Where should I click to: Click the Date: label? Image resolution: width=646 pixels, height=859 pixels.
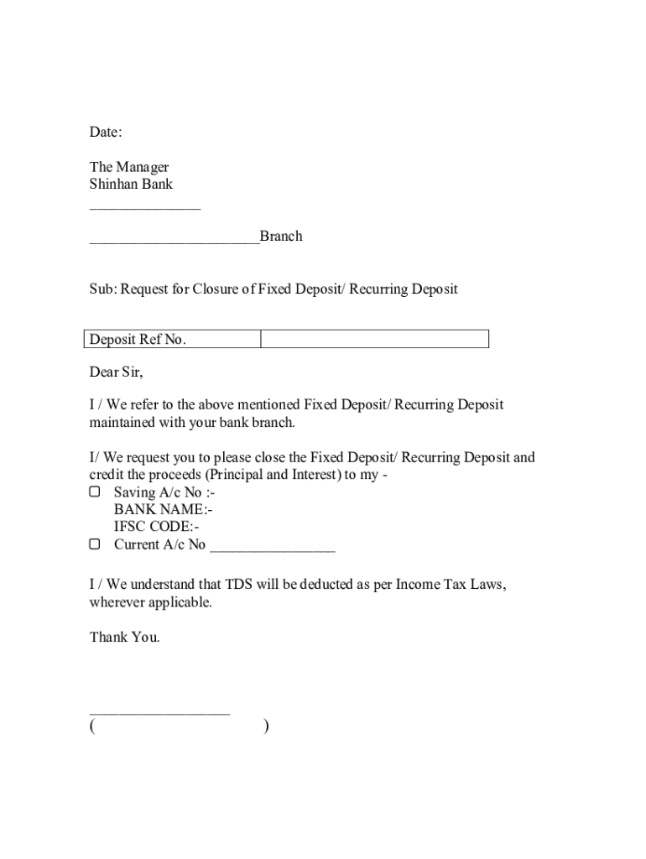tap(106, 132)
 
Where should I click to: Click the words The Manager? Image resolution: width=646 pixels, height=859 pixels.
tap(129, 167)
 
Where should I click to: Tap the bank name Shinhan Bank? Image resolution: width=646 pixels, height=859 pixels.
tap(131, 184)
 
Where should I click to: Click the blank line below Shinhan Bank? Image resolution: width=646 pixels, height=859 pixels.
tap(145, 206)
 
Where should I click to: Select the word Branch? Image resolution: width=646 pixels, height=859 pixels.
tap(281, 237)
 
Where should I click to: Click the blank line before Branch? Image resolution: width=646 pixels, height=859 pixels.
tap(175, 242)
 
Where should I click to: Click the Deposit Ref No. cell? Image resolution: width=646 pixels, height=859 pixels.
tap(138, 340)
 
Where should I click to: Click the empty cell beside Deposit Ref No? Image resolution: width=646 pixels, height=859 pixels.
tap(374, 339)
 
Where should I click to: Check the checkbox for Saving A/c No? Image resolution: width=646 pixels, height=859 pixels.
tap(95, 492)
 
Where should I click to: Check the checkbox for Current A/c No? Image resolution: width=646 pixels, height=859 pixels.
tap(95, 544)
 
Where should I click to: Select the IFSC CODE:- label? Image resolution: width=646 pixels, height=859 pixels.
tap(157, 527)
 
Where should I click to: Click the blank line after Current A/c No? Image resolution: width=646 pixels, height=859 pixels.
tap(273, 549)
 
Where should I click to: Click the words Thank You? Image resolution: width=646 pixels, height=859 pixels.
tap(124, 638)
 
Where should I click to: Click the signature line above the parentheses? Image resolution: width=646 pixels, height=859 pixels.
tap(159, 713)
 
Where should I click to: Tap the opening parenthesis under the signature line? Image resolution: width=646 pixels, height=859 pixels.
tap(91, 726)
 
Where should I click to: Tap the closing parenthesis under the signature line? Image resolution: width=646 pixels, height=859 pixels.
tap(266, 726)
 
